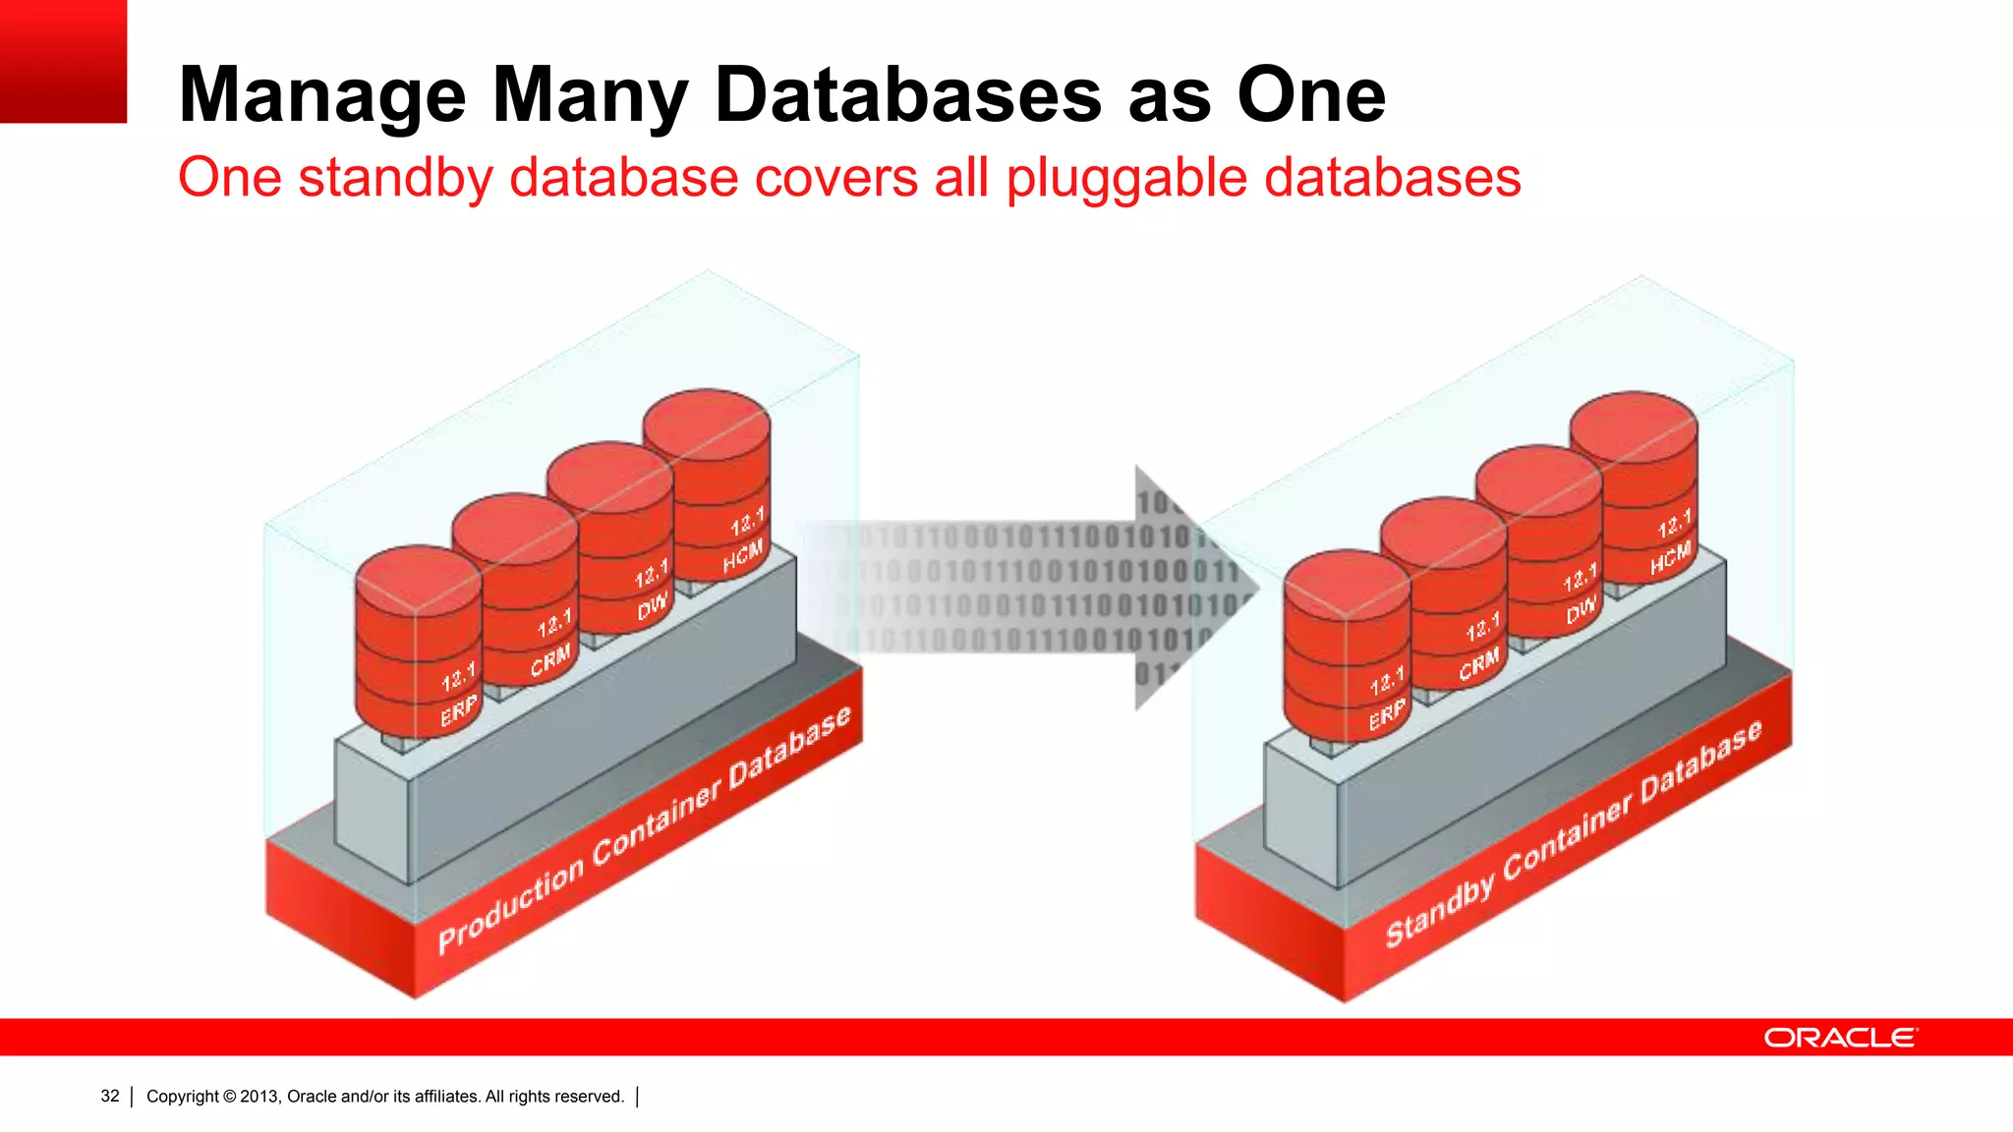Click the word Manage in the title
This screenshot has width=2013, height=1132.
tap(322, 96)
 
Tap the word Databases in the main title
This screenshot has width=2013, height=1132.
tap(908, 94)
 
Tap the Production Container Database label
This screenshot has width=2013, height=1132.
tap(644, 831)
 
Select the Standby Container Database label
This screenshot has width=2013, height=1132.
tap(1573, 835)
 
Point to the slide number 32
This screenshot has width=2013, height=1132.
tap(110, 1096)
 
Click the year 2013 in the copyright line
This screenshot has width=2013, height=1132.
tap(259, 1096)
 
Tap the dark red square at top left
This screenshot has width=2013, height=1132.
tap(63, 61)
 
